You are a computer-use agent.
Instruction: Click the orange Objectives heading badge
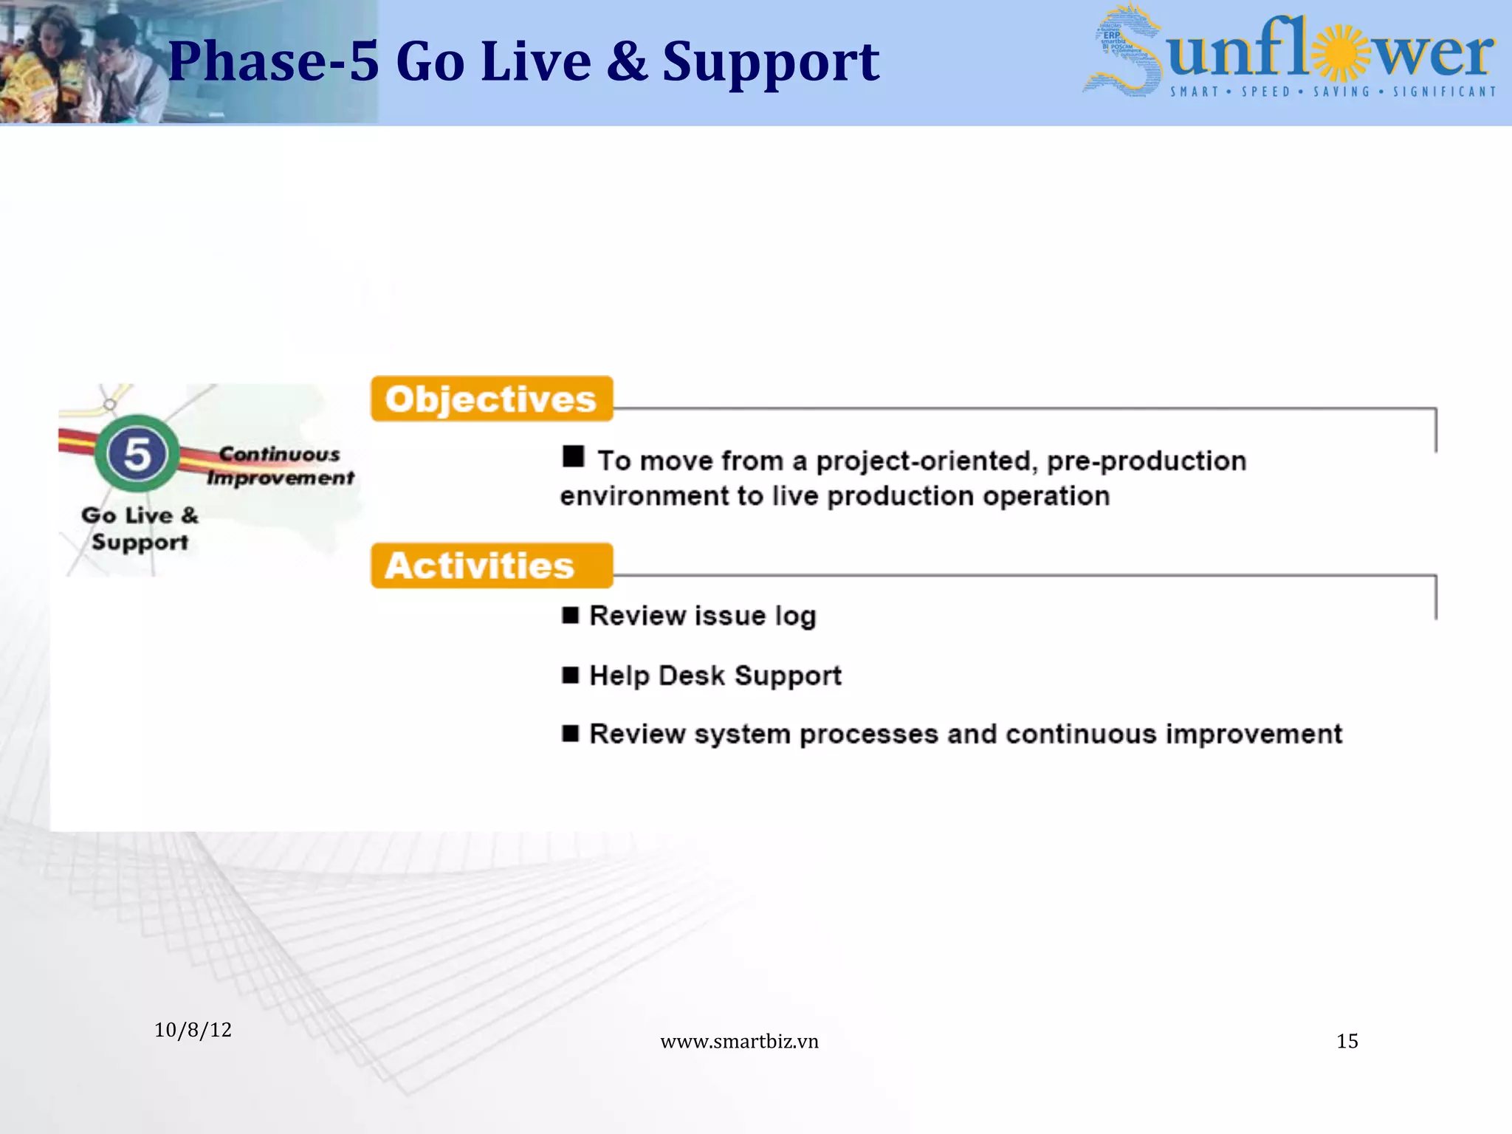[x=491, y=399]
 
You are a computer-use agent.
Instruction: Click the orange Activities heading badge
[x=491, y=566]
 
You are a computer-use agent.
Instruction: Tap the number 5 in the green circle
[x=137, y=454]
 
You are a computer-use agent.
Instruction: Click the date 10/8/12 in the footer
[x=193, y=1030]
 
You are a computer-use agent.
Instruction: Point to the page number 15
[x=1347, y=1041]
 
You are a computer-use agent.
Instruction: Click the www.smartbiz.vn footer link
[x=739, y=1041]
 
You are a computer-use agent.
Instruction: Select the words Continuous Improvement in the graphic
[x=280, y=466]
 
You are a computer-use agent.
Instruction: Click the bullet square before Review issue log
[x=570, y=615]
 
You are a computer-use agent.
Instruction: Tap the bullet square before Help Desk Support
[x=570, y=675]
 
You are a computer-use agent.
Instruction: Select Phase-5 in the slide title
[x=273, y=61]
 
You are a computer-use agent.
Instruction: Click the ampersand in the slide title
[x=627, y=61]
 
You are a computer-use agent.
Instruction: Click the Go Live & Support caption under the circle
[x=140, y=529]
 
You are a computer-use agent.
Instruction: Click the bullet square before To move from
[x=573, y=456]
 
